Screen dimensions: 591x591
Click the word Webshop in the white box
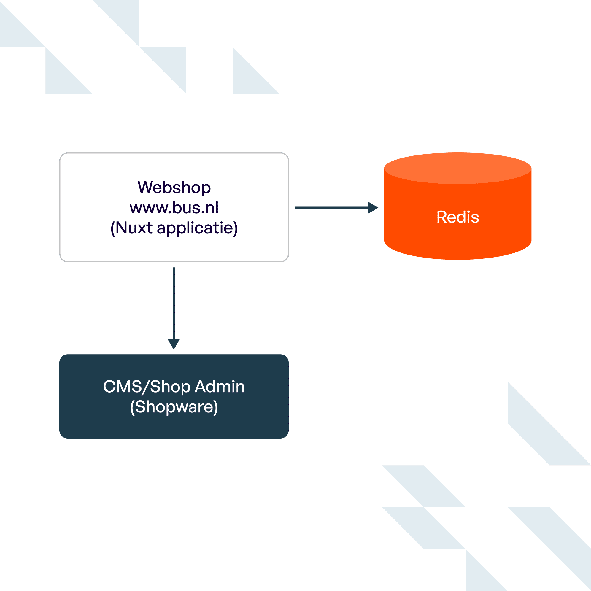174,187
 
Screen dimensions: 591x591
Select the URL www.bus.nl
174,208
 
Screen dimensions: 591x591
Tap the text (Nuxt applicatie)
174,228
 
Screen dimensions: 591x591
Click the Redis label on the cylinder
457,217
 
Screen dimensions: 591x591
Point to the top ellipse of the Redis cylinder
457,168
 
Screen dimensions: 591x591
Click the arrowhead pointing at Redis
372,208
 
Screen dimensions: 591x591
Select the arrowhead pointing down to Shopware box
174,344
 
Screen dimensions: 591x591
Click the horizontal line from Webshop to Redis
331,208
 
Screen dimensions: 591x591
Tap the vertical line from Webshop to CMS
174,303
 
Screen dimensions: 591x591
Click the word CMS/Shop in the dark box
147,387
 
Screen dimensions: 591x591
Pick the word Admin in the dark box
220,387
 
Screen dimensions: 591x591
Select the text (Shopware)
174,407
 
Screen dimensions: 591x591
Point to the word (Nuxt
131,228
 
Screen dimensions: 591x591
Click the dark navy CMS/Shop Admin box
174,425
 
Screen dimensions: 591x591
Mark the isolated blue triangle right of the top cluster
248,80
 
